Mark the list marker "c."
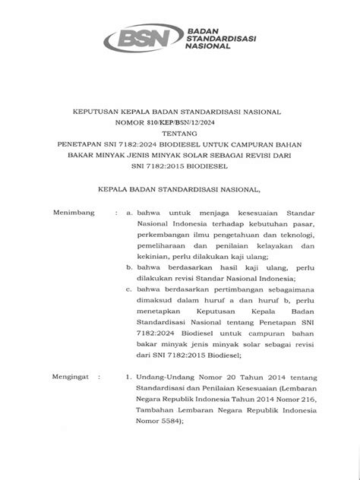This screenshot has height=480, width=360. click(x=130, y=290)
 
